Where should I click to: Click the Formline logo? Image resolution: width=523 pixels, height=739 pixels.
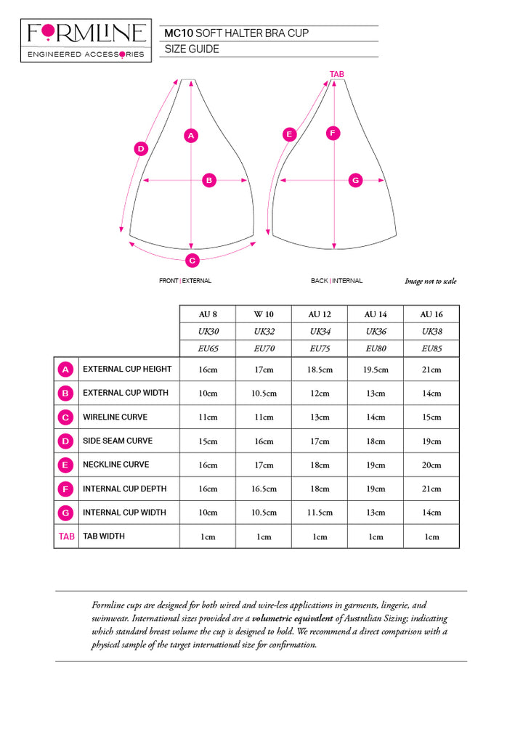pyautogui.click(x=86, y=40)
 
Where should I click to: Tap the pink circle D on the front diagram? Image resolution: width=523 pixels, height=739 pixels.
pyautogui.click(x=141, y=149)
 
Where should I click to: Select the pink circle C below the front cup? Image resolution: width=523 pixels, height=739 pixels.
pyautogui.click(x=192, y=260)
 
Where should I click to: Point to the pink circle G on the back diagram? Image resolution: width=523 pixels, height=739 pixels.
pyautogui.click(x=355, y=180)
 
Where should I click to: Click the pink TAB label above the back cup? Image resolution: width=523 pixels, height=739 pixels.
pyautogui.click(x=336, y=75)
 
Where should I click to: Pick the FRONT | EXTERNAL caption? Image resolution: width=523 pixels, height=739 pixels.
pyautogui.click(x=185, y=281)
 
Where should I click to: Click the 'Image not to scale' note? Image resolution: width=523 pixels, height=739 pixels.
pyautogui.click(x=431, y=282)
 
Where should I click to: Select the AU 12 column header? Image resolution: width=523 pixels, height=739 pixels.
pyautogui.click(x=320, y=314)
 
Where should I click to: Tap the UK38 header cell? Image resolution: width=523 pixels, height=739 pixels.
pyautogui.click(x=431, y=331)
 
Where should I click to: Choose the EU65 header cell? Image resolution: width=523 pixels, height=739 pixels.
pyautogui.click(x=208, y=348)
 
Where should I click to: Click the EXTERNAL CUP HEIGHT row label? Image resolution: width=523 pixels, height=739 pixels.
pyautogui.click(x=127, y=369)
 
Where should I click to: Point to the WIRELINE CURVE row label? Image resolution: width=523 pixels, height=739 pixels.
pyautogui.click(x=115, y=417)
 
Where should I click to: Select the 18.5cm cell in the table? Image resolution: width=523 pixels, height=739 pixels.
pyautogui.click(x=320, y=369)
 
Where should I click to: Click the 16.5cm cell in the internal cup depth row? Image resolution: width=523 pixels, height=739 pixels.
pyautogui.click(x=264, y=489)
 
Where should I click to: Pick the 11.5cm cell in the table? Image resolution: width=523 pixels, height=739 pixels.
pyautogui.click(x=320, y=513)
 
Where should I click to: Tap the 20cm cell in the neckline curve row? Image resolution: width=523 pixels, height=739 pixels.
pyautogui.click(x=431, y=465)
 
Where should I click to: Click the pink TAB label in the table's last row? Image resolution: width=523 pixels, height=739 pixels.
pyautogui.click(x=65, y=536)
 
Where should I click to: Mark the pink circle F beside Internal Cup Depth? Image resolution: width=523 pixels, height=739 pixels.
pyautogui.click(x=66, y=489)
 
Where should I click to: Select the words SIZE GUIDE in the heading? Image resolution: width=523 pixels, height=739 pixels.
pyautogui.click(x=192, y=49)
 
